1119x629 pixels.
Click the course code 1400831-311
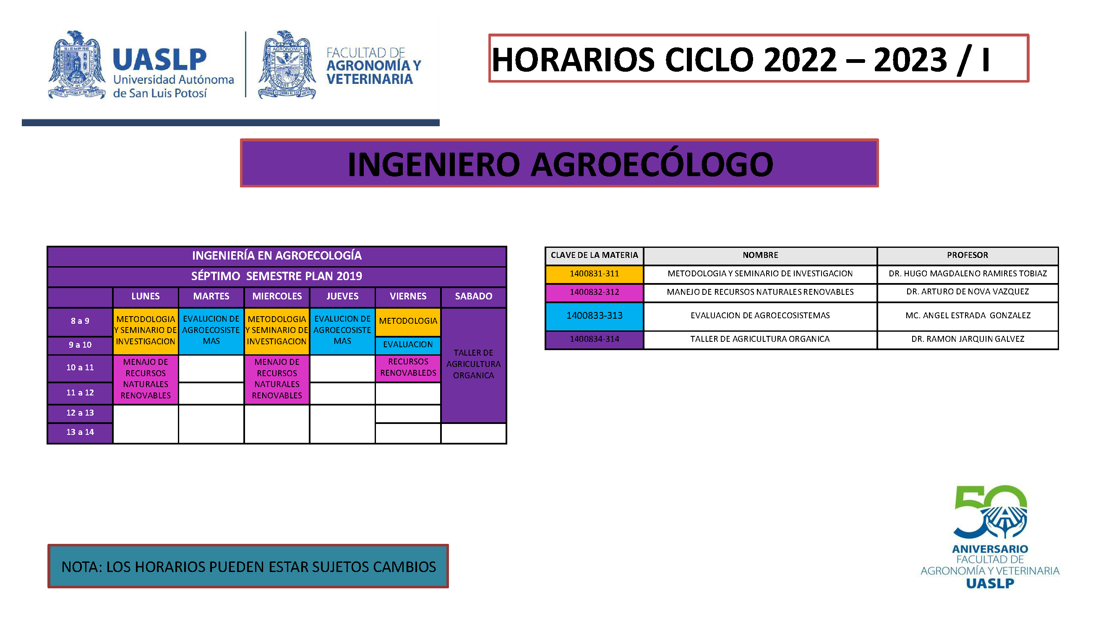[594, 274]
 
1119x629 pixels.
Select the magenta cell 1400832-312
[594, 293]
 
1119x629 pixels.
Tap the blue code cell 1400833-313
[594, 316]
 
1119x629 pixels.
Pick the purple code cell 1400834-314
[594, 340]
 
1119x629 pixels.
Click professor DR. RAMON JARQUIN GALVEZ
[968, 339]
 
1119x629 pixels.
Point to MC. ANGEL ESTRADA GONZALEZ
[968, 316]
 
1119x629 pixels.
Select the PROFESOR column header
[968, 256]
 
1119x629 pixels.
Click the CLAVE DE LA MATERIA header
[594, 255]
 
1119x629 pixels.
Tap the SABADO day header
[474, 297]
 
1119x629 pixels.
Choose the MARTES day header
[211, 297]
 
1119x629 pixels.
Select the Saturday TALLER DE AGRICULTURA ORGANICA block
[474, 365]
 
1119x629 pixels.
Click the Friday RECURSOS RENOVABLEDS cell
[408, 368]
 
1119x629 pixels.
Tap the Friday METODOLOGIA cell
[408, 322]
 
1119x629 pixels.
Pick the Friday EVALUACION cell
[408, 345]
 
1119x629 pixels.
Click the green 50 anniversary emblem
[990, 512]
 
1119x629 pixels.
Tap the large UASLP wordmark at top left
[159, 60]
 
